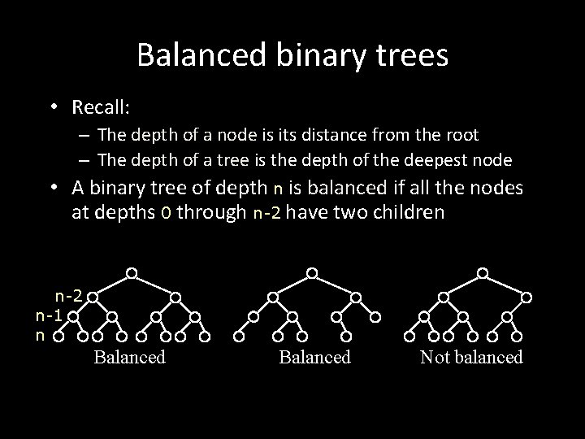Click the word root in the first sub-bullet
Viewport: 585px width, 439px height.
coord(461,135)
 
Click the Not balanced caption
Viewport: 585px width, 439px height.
coord(471,357)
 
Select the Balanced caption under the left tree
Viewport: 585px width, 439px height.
coord(129,357)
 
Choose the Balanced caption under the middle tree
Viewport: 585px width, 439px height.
coord(314,357)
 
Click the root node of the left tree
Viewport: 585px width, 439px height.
coord(132,272)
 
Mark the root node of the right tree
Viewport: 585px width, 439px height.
coord(483,272)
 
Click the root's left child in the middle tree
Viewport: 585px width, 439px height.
coord(274,297)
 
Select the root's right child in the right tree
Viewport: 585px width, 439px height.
coord(526,297)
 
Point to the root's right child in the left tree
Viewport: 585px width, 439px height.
coord(175,297)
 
